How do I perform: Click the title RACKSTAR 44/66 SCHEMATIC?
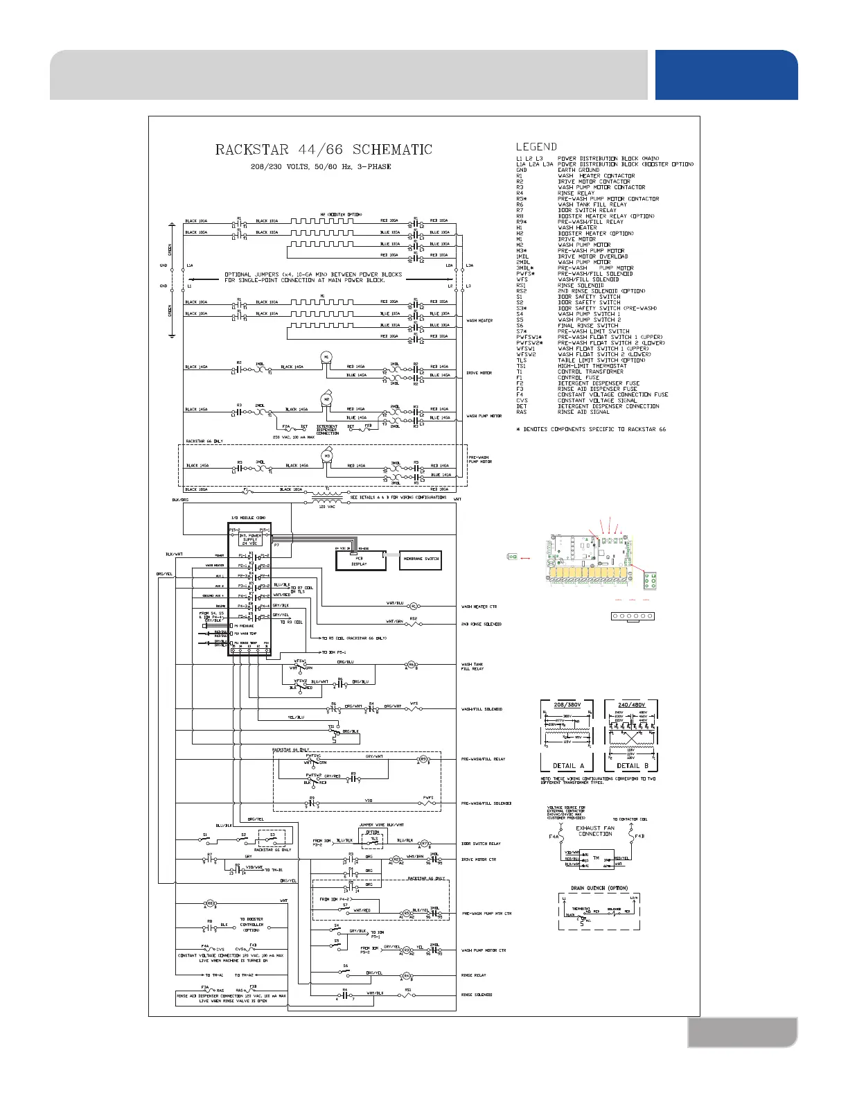(x=324, y=150)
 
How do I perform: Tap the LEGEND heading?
(x=536, y=147)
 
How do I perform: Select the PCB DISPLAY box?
(x=359, y=560)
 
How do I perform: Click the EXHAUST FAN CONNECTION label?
(x=595, y=830)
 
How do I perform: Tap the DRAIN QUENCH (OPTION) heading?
(x=599, y=888)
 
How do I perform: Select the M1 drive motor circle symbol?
(x=326, y=356)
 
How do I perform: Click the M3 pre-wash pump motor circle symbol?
(x=327, y=455)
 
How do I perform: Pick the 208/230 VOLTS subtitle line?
(x=321, y=167)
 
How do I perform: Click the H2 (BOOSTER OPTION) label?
(x=341, y=214)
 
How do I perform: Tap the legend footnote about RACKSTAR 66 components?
(x=591, y=430)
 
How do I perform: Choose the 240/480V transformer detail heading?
(x=630, y=704)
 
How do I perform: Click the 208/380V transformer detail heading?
(x=567, y=704)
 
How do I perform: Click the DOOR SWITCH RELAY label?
(x=481, y=844)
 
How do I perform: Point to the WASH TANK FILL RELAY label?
(x=472, y=667)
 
